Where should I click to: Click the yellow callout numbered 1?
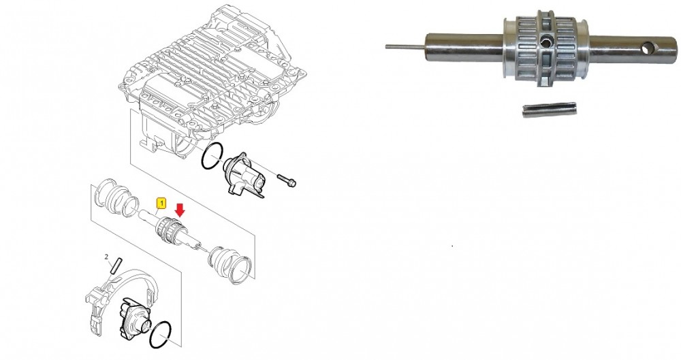tap(161, 203)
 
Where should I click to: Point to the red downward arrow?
tap(180, 210)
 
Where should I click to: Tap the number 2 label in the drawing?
tap(106, 257)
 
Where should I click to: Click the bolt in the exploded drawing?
tap(286, 180)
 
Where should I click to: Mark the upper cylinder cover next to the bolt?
tap(243, 176)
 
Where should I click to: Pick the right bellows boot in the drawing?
tap(231, 265)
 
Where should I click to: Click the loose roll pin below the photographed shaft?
tap(550, 111)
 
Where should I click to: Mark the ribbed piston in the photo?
tap(545, 48)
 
